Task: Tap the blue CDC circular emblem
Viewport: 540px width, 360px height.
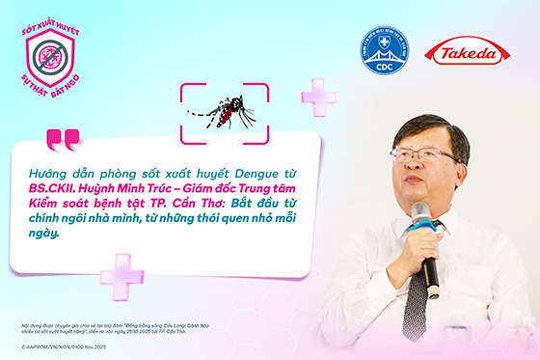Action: click(384, 51)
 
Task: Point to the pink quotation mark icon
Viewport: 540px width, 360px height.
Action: click(64, 141)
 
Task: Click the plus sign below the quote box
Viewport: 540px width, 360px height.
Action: click(121, 272)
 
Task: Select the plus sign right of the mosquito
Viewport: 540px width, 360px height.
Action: click(318, 97)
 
